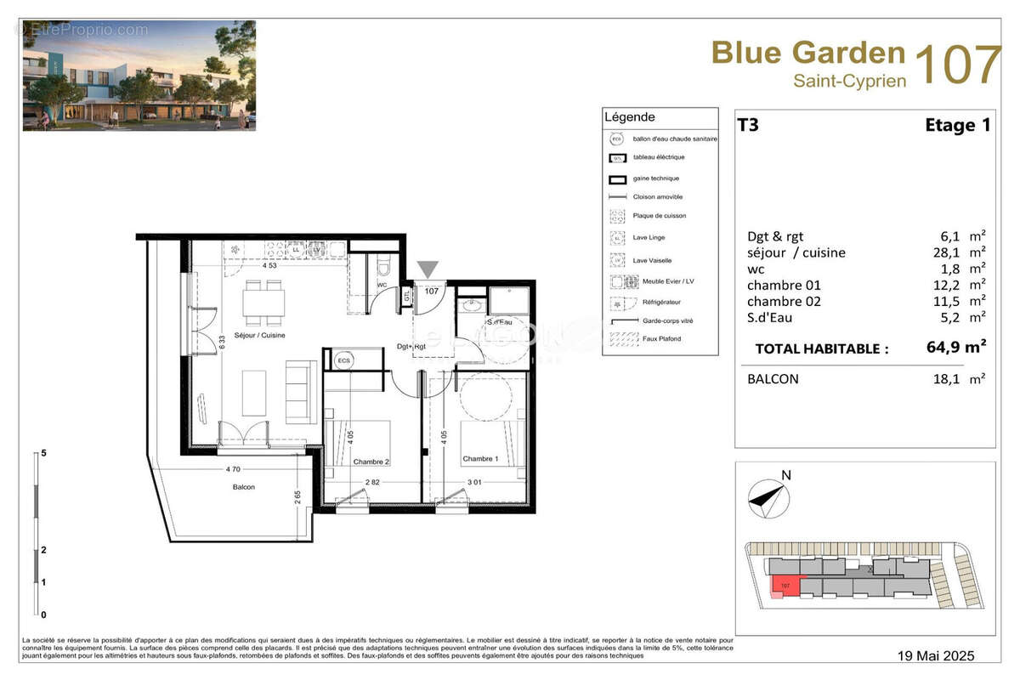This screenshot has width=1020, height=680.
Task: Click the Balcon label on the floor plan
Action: point(220,487)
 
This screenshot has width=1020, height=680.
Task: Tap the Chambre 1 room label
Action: point(480,459)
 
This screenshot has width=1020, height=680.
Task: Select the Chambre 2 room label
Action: point(371,462)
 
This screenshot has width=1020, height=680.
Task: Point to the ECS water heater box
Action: point(343,360)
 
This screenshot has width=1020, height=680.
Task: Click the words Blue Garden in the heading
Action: point(807,53)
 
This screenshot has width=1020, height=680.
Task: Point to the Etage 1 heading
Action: point(957,125)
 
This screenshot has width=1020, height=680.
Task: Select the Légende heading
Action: point(629,117)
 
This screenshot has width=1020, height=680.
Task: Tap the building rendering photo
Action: point(139,76)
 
